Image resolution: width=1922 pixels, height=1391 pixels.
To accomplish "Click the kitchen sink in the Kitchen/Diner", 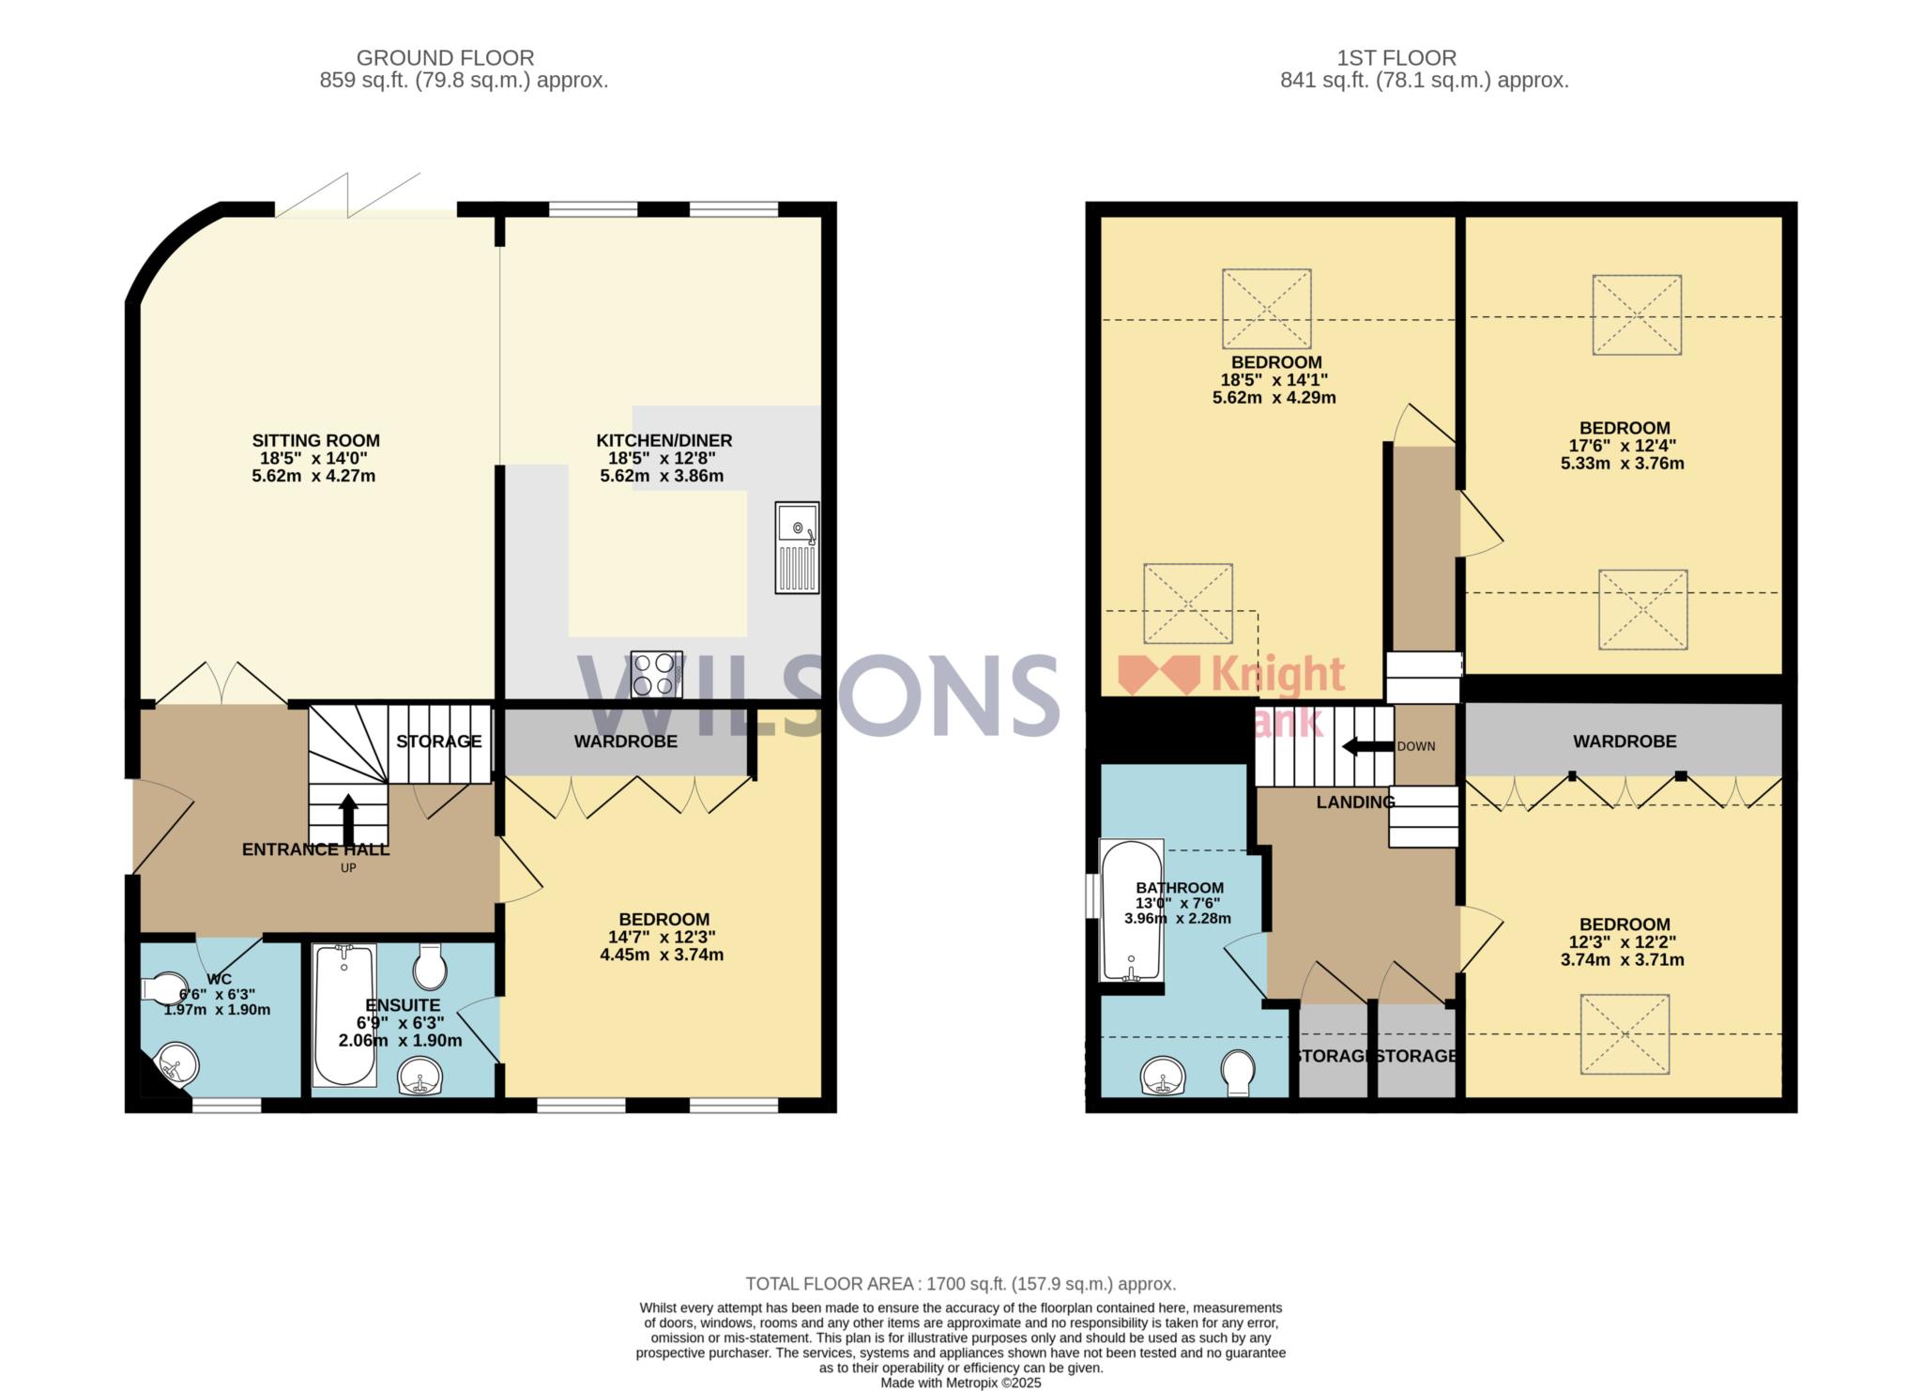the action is coord(797,547).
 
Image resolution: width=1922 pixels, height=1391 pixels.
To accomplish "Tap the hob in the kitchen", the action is coord(657,674).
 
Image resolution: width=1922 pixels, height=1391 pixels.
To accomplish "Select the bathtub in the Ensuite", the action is coord(344,1015).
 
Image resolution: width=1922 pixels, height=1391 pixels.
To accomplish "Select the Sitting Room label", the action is coord(315,440).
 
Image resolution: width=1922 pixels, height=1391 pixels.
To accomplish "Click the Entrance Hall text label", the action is coord(315,849).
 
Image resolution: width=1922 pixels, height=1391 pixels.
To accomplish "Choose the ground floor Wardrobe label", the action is coord(626,741).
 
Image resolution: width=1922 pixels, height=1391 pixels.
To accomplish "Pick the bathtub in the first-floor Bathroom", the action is coord(1131,911).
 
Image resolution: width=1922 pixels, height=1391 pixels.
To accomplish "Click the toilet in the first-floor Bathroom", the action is coord(1239,1072).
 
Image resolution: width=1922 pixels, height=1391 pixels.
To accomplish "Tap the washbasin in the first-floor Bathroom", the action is coord(1166,1076).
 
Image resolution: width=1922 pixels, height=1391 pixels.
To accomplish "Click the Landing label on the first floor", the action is coord(1355,802).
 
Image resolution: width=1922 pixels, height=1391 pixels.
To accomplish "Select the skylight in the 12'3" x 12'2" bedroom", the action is coord(1625,1034).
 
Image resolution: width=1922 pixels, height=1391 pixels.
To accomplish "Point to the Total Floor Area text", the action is coord(960,1284).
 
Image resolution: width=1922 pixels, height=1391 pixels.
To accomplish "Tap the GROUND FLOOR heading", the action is coord(445,58).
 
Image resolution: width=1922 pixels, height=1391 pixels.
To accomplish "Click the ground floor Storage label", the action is coord(438,741).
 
